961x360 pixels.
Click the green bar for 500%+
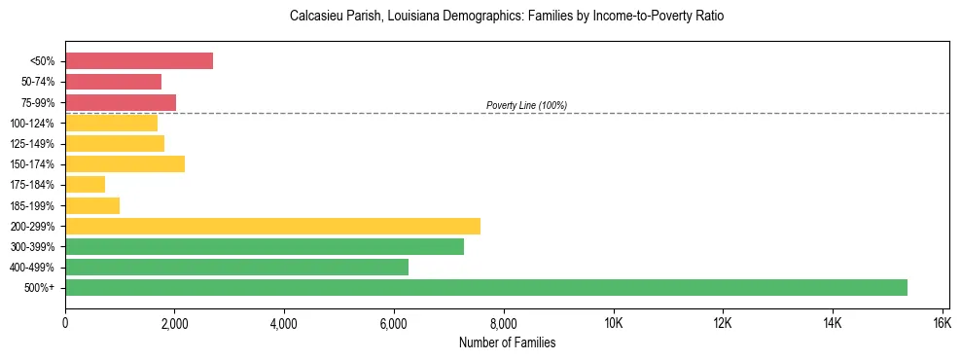(486, 287)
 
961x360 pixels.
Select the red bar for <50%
(139, 60)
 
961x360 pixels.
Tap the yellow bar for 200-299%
(272, 226)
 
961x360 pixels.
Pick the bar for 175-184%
(85, 184)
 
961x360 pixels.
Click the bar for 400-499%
(236, 267)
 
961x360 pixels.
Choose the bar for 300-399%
(265, 246)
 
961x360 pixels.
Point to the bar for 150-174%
(125, 163)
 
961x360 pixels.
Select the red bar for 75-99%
(121, 102)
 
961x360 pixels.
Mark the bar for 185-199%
(92, 205)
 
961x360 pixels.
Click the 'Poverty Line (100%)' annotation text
(526, 105)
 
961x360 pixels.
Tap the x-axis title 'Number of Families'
(507, 342)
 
